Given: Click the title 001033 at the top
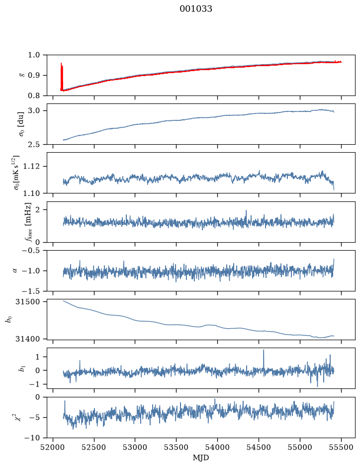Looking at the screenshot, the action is coord(195,9).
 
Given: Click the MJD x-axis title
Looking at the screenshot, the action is coord(201,458).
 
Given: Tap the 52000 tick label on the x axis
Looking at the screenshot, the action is coord(53,447).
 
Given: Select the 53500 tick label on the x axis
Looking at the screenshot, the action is coord(176,447).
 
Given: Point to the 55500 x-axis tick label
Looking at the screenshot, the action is coord(341,447).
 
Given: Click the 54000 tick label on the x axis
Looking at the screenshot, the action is coord(217,447).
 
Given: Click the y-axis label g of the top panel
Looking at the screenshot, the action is coord(21,76).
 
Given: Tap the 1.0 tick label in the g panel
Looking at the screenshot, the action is coord(34,55).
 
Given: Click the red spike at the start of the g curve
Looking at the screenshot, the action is coord(62,76).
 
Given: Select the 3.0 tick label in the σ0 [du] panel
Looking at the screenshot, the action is coord(34,110).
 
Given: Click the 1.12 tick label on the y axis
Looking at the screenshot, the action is coord(31,166).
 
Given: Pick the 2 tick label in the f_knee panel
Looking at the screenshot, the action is coord(37,210).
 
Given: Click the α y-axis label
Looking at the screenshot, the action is coord(15,271).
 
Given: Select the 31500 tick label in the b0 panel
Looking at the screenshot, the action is coord(26,302).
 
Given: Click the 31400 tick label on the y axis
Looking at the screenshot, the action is coord(26,339).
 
